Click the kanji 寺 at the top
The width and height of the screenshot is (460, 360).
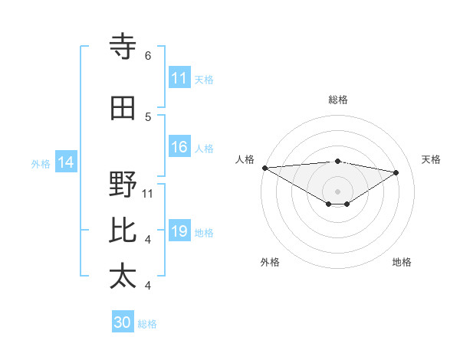coord(123,47)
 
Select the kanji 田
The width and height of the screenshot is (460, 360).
coord(123,108)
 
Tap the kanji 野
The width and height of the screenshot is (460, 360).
coord(123,185)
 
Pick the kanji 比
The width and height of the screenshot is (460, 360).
coord(123,231)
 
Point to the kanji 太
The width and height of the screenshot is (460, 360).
coord(123,277)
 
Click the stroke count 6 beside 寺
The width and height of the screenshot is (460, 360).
coord(148,56)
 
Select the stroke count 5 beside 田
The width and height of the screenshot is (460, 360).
coord(148,116)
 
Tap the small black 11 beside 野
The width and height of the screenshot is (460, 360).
coord(148,193)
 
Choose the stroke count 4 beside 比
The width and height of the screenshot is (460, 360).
coord(148,240)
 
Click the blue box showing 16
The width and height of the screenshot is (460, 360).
coord(179,148)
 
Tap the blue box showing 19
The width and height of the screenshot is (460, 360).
coord(179,232)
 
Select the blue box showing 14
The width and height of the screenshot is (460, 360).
coord(65,162)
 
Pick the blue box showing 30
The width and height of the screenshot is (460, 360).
coord(123,322)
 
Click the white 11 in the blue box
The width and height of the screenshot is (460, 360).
coord(179,78)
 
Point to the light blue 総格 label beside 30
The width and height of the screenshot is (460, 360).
coord(148,324)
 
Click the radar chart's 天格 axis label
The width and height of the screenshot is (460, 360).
coord(432,159)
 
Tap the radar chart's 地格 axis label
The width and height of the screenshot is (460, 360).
coord(402,262)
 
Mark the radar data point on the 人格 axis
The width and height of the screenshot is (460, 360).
coord(264,168)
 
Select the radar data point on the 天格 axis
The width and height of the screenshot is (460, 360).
coord(396,172)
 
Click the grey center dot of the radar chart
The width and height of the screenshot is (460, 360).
coord(337,190)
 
